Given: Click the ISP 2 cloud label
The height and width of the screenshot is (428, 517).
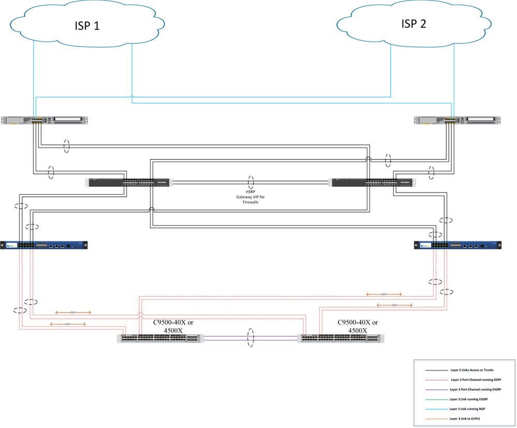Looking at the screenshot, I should tap(413, 23).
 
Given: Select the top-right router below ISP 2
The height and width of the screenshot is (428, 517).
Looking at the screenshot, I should tap(457, 121).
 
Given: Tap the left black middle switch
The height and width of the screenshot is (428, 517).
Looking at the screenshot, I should tap(129, 182).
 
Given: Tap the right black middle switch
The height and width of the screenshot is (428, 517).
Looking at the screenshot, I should tap(373, 182).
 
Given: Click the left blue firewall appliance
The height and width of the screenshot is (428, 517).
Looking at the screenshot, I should tap(44, 245).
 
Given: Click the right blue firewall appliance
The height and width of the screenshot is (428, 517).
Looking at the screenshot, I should tap(457, 245).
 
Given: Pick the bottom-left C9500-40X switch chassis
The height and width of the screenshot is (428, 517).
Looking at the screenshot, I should tap(160, 338).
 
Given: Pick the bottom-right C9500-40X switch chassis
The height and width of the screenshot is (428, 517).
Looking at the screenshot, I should tap(341, 338).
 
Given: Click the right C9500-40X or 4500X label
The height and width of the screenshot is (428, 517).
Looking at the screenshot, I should tap(358, 326).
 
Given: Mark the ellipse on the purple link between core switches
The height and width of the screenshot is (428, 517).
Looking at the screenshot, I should tap(252, 338).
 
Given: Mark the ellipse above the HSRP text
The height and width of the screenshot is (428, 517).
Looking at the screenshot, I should tap(251, 182).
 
